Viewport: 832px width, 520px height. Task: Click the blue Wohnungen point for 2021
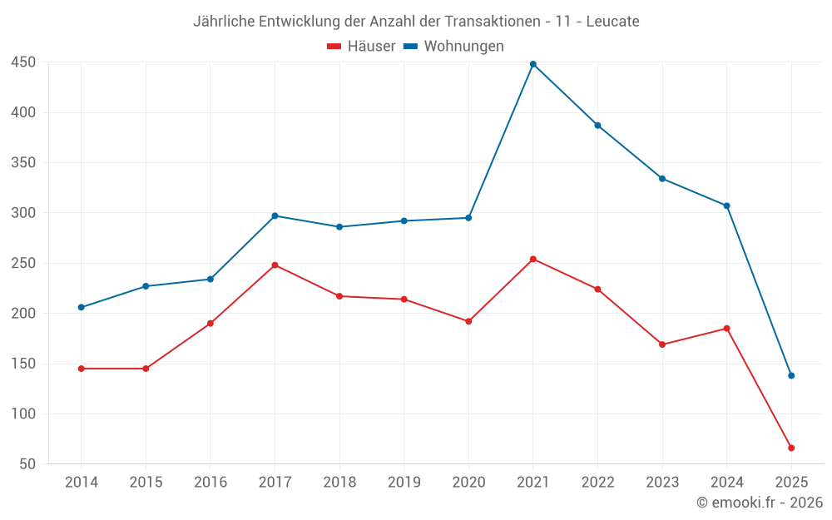[x=533, y=64]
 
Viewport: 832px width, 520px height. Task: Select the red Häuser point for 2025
[x=791, y=448]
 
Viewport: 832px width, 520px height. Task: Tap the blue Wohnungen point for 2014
[x=82, y=307]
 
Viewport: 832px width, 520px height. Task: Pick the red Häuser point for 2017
[x=275, y=265]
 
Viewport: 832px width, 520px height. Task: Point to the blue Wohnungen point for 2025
[x=791, y=375]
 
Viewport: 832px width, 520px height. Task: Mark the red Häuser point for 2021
[x=533, y=259]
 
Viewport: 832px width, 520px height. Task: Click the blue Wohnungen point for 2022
[x=597, y=125]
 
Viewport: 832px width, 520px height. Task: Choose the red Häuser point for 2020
[x=468, y=321]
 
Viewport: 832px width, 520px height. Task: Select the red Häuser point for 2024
[x=726, y=329]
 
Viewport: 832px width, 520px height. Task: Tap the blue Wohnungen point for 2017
[x=275, y=215]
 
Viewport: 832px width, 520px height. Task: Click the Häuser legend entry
[x=362, y=47]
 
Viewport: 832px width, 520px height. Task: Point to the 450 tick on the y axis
[x=23, y=62]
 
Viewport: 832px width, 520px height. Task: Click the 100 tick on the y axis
[x=23, y=414]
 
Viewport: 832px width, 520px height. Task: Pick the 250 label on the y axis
[x=23, y=263]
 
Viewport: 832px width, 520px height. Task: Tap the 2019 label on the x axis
[x=404, y=483]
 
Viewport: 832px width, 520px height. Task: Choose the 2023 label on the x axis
[x=662, y=483]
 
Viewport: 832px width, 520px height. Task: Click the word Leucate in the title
[x=612, y=22]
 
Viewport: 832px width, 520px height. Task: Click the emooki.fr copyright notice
[x=760, y=503]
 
